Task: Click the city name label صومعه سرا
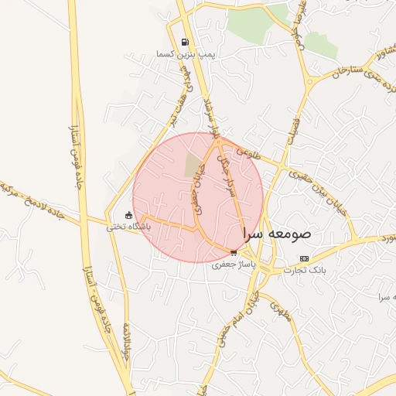(277, 232)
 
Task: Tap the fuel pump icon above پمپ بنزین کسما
(184, 43)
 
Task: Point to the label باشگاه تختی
(125, 227)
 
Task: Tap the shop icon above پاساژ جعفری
(234, 252)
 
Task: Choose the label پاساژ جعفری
(233, 264)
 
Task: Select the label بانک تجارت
(304, 270)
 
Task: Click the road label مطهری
(280, 311)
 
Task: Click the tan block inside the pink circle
(193, 163)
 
